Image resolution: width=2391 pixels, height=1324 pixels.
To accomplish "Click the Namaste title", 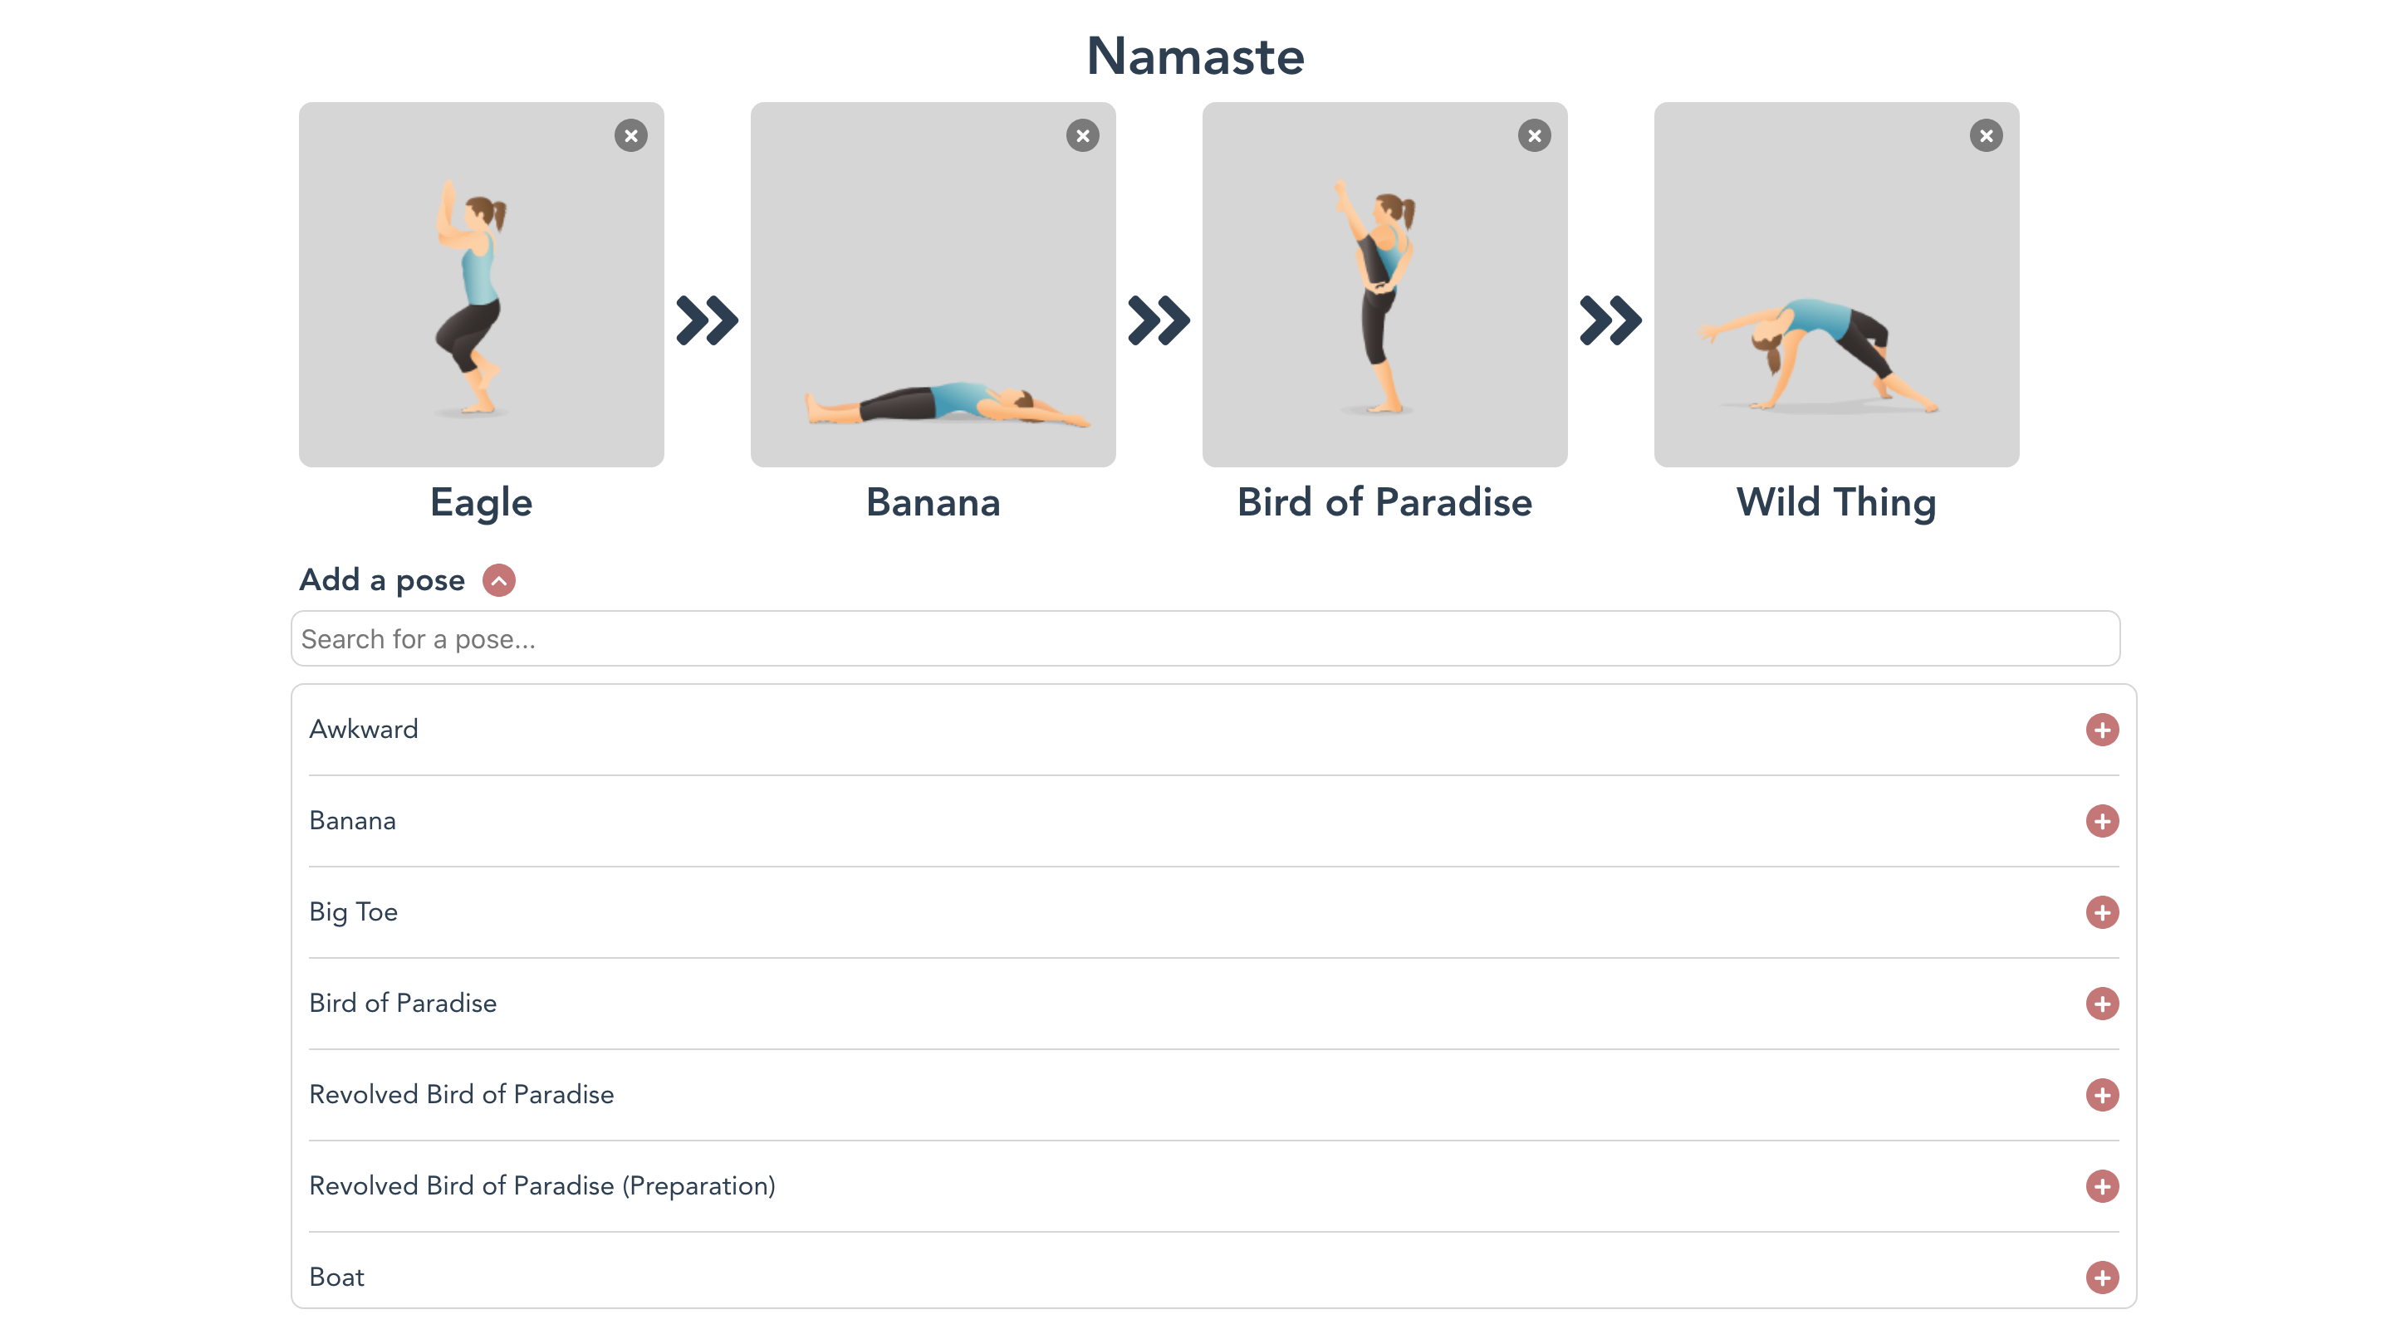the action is (1196, 56).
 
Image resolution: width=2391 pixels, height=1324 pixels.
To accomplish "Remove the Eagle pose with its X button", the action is (631, 135).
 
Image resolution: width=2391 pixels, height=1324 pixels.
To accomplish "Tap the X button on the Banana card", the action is (1082, 135).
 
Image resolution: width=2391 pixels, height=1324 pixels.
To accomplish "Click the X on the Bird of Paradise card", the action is (1534, 135).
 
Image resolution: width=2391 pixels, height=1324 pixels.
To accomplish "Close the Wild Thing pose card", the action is (1987, 135).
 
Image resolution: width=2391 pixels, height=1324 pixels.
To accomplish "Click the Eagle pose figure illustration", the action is (472, 297).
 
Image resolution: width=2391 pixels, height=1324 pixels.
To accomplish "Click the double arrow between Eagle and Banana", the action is (708, 321).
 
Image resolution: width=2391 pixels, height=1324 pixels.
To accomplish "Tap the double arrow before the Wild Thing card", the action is (1610, 321).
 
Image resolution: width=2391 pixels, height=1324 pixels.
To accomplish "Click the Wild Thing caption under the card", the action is (1836, 503).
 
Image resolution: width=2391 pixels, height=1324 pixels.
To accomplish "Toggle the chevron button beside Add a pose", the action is (498, 581).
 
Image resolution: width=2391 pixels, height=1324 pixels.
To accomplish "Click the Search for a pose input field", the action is (1205, 638).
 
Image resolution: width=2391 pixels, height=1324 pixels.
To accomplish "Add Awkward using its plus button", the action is (2101, 730).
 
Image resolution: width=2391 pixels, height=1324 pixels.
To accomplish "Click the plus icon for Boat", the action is (2101, 1278).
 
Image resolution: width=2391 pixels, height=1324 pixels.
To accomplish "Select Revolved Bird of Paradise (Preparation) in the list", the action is (542, 1185).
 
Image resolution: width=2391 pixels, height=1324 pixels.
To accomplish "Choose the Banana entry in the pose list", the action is (353, 821).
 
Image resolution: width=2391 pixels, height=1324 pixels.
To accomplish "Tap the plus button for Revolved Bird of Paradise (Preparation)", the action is (2101, 1185).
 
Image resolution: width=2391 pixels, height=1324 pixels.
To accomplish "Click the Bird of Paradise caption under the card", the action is (1384, 503).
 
